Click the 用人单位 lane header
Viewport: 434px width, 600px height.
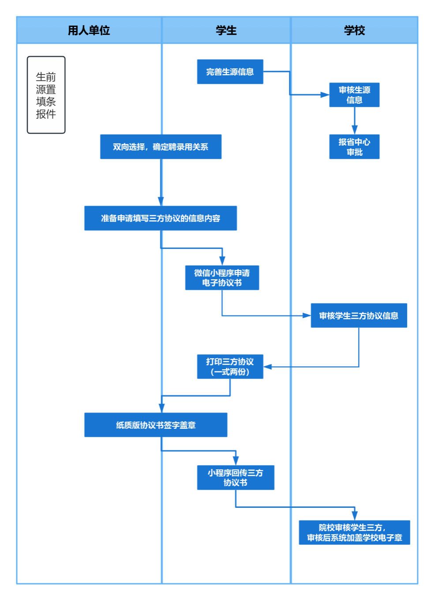pos(89,30)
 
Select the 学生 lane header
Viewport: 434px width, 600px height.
pos(226,30)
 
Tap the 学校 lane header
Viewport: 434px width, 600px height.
pos(354,30)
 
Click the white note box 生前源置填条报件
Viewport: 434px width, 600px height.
pos(46,95)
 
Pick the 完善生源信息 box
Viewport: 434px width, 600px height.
pos(230,72)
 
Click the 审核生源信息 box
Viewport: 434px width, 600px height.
pos(354,95)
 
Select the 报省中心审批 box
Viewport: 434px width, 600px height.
pos(354,147)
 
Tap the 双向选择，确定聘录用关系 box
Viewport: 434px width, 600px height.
pos(161,147)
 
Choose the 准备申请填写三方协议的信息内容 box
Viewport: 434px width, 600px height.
pos(161,218)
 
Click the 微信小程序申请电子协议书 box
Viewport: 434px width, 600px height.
pos(222,278)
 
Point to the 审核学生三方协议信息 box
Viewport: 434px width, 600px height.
pos(359,316)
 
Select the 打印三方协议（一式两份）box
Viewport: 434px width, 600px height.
pos(230,367)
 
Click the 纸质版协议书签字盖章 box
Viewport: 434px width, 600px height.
pos(156,425)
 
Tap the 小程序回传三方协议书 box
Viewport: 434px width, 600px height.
pos(236,478)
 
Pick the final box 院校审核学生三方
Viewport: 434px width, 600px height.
pos(354,532)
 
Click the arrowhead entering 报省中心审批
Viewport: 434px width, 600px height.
pos(354,130)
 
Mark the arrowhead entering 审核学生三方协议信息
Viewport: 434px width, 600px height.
pos(306,315)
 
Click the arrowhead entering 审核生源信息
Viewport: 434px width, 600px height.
pos(325,94)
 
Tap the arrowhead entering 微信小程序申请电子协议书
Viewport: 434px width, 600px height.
pos(222,261)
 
